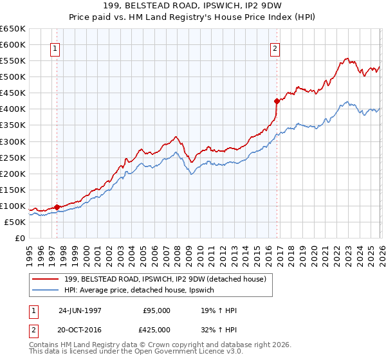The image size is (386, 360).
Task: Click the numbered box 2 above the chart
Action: [x=275, y=48]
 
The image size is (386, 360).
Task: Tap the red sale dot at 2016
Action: [x=277, y=101]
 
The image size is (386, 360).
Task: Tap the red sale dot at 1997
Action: [x=57, y=207]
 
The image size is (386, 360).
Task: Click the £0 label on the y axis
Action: [x=19, y=238]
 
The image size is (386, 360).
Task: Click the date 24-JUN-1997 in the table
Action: [x=80, y=310]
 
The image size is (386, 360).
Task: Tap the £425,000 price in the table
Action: [x=157, y=329]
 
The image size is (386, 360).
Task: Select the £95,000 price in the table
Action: [x=157, y=310]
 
